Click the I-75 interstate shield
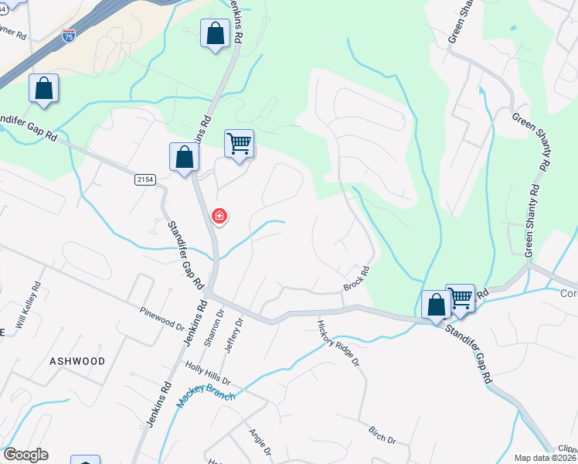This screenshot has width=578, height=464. pyautogui.click(x=69, y=36)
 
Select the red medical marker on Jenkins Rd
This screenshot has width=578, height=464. pyautogui.click(x=219, y=216)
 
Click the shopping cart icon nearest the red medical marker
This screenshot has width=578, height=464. pyautogui.click(x=240, y=144)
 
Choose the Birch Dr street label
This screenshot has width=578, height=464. pyautogui.click(x=382, y=435)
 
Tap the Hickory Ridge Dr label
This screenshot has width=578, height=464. pyautogui.click(x=340, y=342)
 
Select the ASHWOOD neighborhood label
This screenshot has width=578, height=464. pyautogui.click(x=77, y=361)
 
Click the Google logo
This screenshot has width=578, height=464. pyautogui.click(x=25, y=455)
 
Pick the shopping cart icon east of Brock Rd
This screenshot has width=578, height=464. pyautogui.click(x=461, y=298)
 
